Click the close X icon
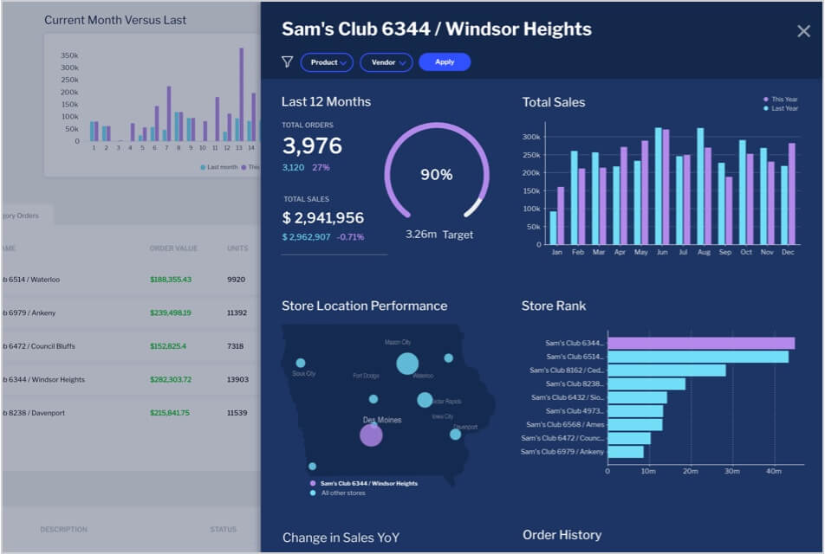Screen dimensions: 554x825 803,31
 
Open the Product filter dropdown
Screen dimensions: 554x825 327,62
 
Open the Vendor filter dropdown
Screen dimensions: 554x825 387,62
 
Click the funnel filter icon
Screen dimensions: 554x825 287,62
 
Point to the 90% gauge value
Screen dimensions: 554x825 436,175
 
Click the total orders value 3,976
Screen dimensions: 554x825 312,145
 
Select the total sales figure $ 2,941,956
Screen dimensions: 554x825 322,218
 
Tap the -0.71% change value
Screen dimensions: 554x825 350,237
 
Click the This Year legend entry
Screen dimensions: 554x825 783,100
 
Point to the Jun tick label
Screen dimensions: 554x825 662,253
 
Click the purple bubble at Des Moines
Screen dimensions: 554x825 371,435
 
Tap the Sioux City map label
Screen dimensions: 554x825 304,374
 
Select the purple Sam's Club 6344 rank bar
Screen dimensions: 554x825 700,344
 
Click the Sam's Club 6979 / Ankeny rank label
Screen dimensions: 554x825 562,452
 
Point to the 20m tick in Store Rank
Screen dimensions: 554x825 691,472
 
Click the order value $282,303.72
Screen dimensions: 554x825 170,379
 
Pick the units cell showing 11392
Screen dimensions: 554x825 237,312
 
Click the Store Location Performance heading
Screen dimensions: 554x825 364,306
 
